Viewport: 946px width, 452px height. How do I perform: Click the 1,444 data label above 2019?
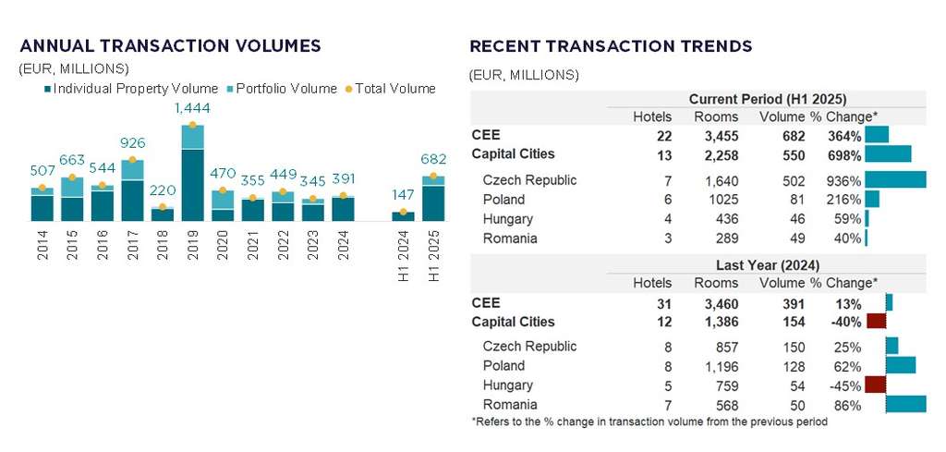point(192,109)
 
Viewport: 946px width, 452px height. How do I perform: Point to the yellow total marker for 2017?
point(132,161)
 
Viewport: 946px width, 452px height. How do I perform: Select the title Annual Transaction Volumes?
point(170,45)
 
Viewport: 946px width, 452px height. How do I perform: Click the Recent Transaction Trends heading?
point(611,46)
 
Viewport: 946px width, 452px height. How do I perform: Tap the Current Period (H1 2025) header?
point(768,99)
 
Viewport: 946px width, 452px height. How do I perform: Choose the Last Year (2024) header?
point(768,265)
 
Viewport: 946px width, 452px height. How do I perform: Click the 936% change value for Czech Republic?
point(843,180)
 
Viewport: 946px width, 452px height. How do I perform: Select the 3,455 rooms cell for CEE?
point(716,136)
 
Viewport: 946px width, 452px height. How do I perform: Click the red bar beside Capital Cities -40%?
point(876,322)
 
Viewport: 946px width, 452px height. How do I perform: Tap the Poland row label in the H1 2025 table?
point(503,200)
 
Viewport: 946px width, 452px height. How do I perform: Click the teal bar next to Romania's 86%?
point(905,405)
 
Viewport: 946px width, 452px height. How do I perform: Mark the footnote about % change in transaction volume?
point(649,422)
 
